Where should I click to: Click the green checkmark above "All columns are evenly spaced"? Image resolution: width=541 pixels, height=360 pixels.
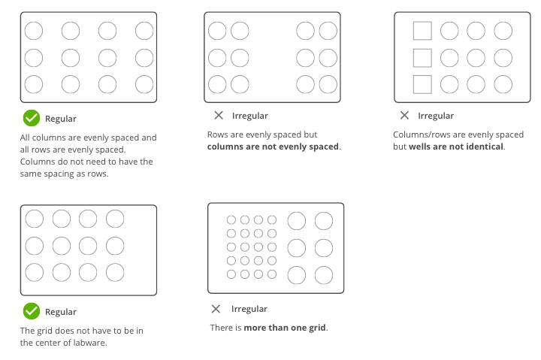coord(31,118)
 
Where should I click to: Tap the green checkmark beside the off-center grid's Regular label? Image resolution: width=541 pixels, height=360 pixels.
coord(31,310)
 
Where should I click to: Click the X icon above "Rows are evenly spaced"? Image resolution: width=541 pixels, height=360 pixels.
coord(218,116)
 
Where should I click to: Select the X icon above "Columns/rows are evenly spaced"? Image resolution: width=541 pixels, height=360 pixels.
coord(404,116)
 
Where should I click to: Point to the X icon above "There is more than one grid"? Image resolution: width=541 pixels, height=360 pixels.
coord(216,309)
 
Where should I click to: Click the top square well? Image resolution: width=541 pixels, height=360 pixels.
coord(422,31)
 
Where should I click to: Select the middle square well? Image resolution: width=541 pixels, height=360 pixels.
coord(422,57)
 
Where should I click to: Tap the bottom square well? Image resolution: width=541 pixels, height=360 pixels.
coord(422,83)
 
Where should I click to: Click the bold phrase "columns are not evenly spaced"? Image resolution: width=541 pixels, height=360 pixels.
coord(274,147)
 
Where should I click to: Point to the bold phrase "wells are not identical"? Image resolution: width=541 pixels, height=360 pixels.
coord(456,147)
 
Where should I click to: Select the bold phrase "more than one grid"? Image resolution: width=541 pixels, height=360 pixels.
coord(285,328)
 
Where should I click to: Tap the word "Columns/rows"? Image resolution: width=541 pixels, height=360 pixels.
coord(419,135)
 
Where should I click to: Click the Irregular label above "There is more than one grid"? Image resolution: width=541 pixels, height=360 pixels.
coord(249,309)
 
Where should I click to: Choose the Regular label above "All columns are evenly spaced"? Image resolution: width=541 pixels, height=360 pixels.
coord(61,119)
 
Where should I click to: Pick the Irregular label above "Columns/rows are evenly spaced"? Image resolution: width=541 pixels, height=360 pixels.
coord(436,116)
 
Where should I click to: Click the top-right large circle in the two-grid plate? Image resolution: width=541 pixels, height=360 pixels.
coord(323,220)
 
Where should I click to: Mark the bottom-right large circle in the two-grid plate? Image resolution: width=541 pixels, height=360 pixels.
coord(323,275)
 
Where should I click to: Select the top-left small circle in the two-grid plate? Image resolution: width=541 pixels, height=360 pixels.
coord(231,220)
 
